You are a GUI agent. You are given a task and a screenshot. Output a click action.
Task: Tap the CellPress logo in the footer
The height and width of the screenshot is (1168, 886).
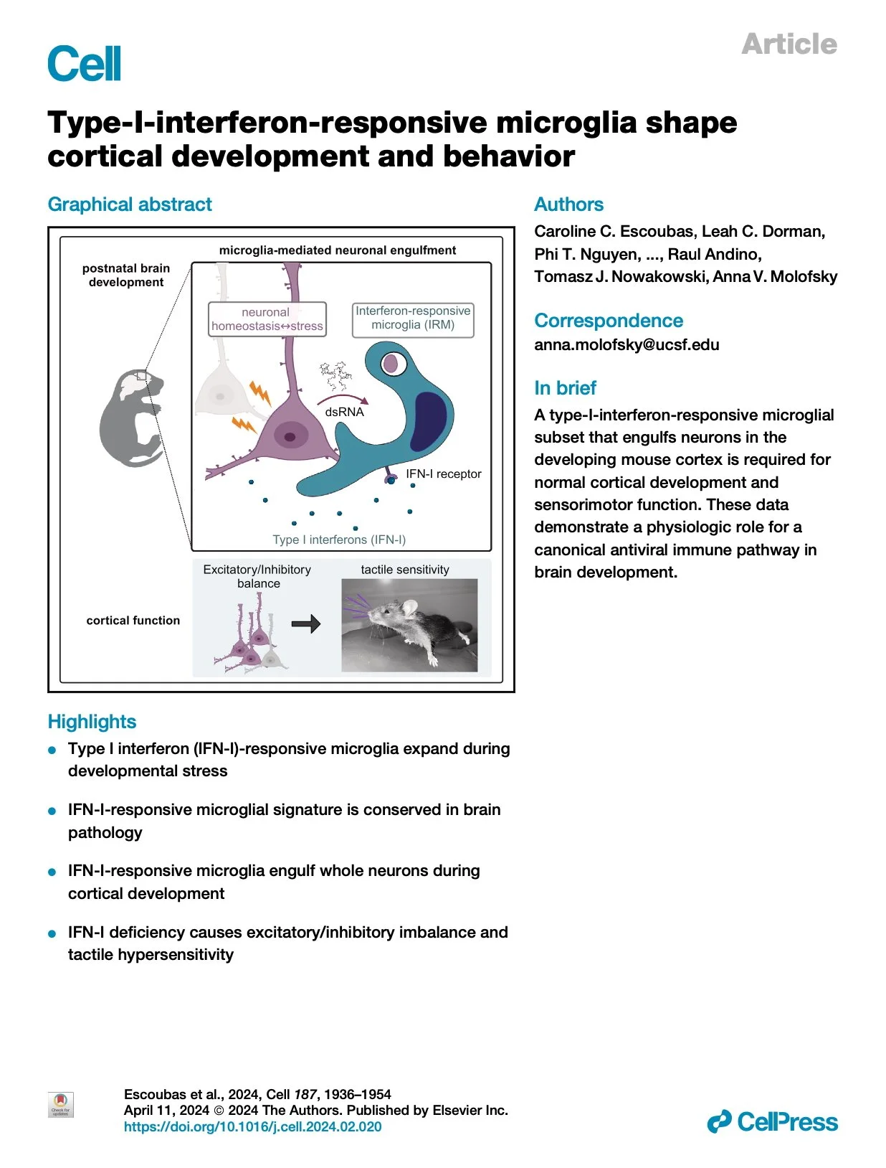(772, 1121)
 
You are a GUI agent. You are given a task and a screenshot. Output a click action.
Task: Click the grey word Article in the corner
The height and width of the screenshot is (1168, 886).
(789, 44)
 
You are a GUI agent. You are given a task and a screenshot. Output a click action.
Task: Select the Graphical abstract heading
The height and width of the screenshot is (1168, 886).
(130, 204)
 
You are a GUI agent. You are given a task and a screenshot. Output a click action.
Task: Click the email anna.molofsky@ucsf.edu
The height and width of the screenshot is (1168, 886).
(626, 344)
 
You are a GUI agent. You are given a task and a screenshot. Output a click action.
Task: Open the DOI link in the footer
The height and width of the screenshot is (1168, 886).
(252, 1126)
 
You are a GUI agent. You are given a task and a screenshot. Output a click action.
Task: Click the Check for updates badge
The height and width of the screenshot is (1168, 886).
(60, 1105)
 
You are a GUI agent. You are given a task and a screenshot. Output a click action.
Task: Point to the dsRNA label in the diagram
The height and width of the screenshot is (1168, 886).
(344, 412)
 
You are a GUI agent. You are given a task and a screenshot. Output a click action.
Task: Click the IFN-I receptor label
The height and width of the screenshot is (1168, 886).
(443, 474)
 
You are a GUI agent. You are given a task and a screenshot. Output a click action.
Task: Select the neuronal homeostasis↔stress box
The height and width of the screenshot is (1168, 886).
(267, 319)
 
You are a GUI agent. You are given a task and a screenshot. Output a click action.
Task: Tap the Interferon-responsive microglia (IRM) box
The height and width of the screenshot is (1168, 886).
(413, 319)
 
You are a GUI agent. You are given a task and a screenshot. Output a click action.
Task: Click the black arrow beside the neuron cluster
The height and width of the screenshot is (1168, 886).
(305, 624)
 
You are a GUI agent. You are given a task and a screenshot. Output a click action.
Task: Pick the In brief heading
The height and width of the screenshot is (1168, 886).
(565, 388)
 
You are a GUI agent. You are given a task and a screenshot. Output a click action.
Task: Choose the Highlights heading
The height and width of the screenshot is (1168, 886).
(92, 722)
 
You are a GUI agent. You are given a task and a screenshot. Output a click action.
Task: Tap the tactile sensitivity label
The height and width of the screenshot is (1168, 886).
(405, 570)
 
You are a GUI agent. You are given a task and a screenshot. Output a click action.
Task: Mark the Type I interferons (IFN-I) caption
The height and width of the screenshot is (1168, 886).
(339, 540)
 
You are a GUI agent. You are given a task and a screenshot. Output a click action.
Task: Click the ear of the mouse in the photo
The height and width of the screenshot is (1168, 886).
(409, 608)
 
